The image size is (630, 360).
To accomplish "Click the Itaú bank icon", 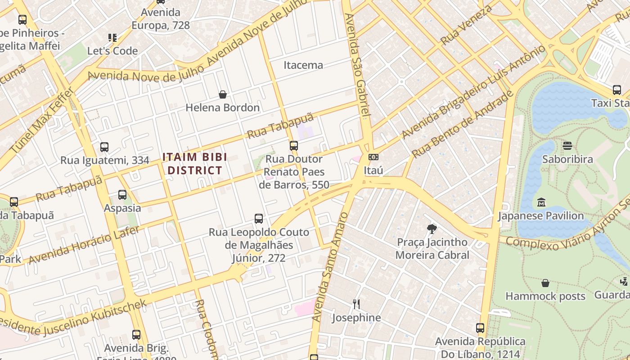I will click(x=373, y=157).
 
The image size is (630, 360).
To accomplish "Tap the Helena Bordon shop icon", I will click(x=222, y=94).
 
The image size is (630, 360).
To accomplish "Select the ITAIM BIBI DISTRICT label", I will click(x=194, y=164).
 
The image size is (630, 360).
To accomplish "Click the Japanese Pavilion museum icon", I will click(x=541, y=202).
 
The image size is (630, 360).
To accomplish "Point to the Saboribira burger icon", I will click(x=567, y=146).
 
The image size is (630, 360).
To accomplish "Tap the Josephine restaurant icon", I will click(x=356, y=304).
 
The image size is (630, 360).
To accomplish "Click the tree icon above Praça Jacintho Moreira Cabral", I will click(x=432, y=229).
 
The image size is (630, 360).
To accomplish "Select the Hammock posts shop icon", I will click(x=545, y=283).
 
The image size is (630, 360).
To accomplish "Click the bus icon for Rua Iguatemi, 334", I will click(x=104, y=147).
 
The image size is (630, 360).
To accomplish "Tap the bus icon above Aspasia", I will click(x=122, y=195).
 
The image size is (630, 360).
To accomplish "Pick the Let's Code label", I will click(x=112, y=51).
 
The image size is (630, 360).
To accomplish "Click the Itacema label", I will click(x=303, y=65).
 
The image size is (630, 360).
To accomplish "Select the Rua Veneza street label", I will click(x=467, y=25).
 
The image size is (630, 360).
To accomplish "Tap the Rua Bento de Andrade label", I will click(x=463, y=124).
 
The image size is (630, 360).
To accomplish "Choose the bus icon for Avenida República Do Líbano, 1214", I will click(x=480, y=328).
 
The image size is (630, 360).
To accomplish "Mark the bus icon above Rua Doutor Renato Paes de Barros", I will click(x=294, y=146).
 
